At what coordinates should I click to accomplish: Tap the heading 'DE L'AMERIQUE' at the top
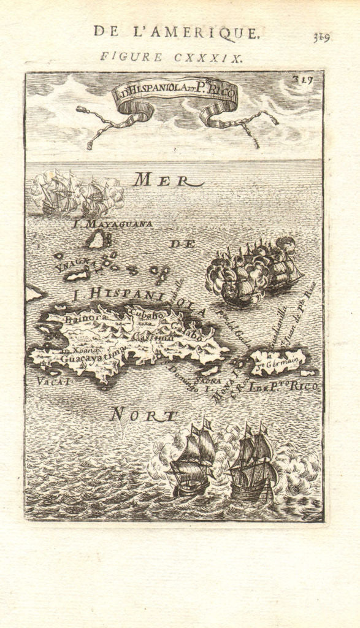[177, 33]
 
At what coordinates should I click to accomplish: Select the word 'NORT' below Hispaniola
[142, 416]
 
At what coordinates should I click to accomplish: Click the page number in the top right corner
[321, 38]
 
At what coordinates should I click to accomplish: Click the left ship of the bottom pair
[190, 463]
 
